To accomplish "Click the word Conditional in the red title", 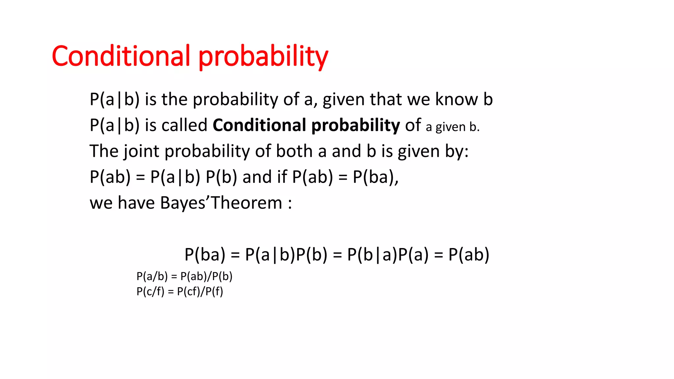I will point(121,56).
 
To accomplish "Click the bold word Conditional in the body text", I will point(259,125).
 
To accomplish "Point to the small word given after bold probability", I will point(451,127).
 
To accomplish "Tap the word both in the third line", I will point(294,151).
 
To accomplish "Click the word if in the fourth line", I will point(282,177).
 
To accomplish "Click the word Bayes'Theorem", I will point(221,203).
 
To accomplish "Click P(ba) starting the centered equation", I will point(205,255).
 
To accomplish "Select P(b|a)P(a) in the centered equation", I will point(388,255).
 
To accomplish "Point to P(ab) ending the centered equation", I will point(469,255).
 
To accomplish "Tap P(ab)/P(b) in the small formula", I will point(206,276).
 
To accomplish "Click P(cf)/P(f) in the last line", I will point(200,291).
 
